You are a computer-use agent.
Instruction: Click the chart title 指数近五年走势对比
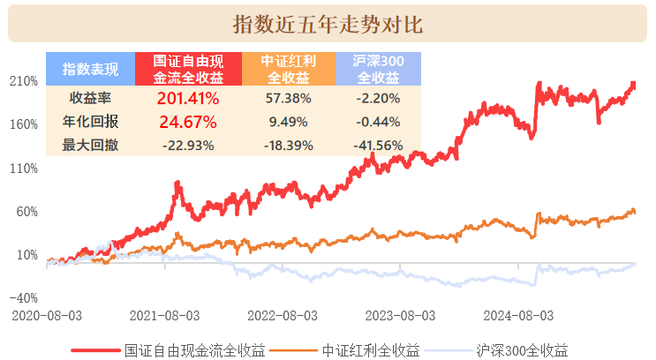coord(328,24)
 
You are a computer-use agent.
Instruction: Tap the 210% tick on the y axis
coord(25,81)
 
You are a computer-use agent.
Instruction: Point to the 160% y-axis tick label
coord(25,124)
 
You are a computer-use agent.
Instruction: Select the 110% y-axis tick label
coord(25,168)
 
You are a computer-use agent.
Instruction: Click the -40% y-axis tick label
coord(23,297)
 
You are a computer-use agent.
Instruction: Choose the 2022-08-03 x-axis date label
coord(283,315)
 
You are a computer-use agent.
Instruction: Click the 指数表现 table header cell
coord(90,69)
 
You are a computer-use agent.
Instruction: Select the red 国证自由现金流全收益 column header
coord(189,69)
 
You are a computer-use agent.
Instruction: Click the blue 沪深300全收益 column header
coord(377,69)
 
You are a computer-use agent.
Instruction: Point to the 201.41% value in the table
coord(188,98)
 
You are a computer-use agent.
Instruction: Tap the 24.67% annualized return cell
coord(188,121)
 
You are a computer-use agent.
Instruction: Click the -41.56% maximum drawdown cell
coord(377,144)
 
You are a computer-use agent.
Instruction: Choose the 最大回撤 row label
coord(90,144)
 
